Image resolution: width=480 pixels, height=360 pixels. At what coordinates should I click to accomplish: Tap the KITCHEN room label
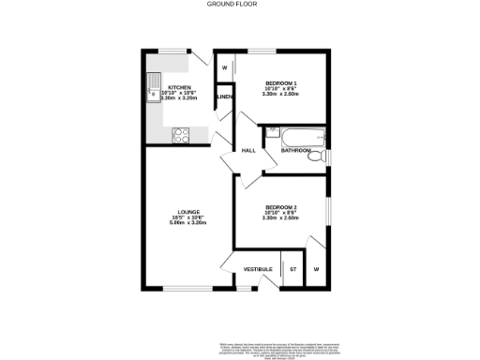(178, 86)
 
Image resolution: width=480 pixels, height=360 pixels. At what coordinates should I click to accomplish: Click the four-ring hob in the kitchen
(181, 136)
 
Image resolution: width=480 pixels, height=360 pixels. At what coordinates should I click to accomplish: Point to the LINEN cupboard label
(224, 97)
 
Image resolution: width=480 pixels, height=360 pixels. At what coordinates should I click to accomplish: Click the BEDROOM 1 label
(280, 82)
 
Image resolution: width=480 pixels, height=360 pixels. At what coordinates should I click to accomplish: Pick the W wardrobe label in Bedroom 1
(224, 67)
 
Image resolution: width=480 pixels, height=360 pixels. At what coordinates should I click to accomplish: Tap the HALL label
(249, 150)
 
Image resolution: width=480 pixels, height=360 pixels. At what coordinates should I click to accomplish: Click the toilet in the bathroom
(319, 155)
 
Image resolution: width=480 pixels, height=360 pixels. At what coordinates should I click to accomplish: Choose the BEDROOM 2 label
(280, 206)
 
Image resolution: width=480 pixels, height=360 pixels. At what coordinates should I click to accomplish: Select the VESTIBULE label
(258, 269)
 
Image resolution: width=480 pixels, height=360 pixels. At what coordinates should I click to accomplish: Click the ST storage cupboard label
(292, 269)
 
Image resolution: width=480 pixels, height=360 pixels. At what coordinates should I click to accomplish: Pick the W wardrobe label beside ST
(316, 269)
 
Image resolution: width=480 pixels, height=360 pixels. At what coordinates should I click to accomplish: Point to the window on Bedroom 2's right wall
(327, 211)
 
